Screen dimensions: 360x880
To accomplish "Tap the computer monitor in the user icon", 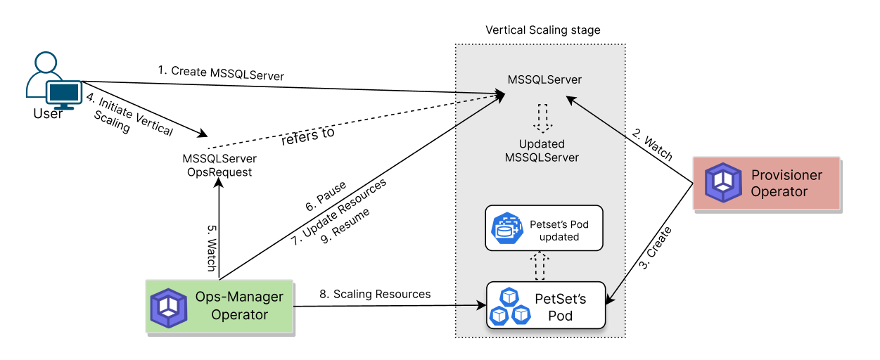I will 64,92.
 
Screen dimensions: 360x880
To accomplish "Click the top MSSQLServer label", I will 544,79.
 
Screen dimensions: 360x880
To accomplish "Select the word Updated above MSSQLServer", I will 542,144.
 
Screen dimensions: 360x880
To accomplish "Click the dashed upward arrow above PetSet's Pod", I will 540,266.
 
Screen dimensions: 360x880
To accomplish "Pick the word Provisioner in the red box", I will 786,175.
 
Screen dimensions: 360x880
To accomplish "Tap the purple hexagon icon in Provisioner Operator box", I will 724,183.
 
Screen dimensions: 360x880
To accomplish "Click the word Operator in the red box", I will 779,191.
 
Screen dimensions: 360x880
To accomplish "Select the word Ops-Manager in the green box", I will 239,297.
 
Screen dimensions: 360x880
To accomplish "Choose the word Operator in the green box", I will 239,314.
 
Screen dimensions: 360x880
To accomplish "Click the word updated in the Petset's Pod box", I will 559,237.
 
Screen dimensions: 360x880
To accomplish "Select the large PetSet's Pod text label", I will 561,307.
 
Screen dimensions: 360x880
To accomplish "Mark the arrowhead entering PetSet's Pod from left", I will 482,305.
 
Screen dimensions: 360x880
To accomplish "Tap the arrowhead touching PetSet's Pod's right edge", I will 611,300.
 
